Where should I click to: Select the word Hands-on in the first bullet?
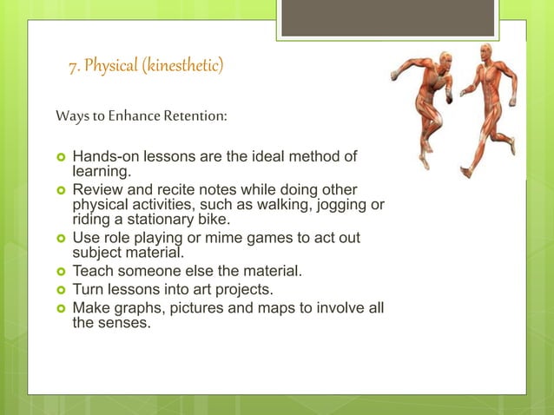click(x=102, y=157)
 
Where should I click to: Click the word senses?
click(x=125, y=324)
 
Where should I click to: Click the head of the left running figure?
click(x=445, y=60)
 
